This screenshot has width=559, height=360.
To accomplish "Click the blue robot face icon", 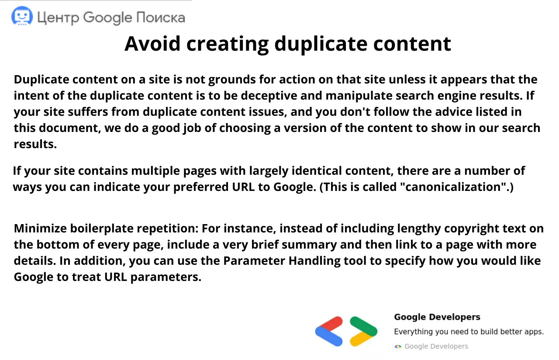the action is click(22, 16).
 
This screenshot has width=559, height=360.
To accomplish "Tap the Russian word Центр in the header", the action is click(58, 18).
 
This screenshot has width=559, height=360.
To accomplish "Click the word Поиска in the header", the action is click(161, 17).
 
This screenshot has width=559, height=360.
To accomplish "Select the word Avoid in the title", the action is click(152, 44).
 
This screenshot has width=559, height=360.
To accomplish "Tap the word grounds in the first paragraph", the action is click(232, 80).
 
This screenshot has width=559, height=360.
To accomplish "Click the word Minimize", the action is click(40, 228).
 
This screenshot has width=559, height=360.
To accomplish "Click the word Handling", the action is click(314, 261).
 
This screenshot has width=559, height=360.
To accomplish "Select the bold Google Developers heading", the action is click(437, 317).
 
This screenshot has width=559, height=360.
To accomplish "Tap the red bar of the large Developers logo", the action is click(329, 324).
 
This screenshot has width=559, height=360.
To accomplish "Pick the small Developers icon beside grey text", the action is click(398, 346).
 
